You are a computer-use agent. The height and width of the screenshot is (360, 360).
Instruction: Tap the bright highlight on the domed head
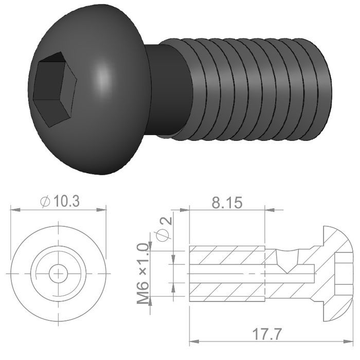(x=104, y=80)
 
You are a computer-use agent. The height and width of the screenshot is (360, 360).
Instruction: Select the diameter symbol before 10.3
(x=45, y=202)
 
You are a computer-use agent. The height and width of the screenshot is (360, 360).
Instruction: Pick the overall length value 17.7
(x=267, y=334)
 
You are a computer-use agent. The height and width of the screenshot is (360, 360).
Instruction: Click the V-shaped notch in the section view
(x=287, y=260)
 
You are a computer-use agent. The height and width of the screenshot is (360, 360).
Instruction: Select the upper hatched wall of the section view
(x=226, y=256)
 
